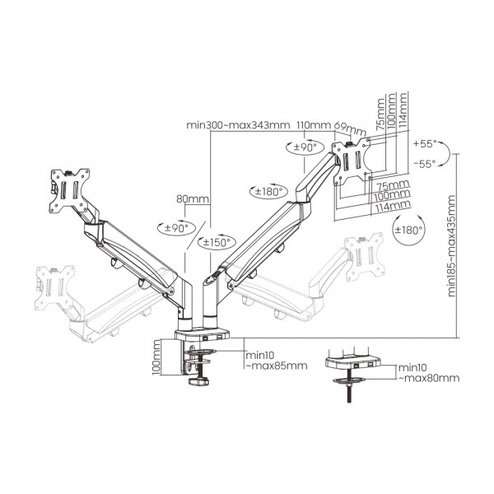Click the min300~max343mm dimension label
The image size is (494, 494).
pos(237,126)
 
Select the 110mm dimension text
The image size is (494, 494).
pos(316,126)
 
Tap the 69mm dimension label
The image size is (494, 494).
pos(349,128)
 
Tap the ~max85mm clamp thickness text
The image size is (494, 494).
pos(273,366)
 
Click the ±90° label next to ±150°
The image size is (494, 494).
pos(172,228)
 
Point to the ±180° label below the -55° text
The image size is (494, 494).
pos(409,231)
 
